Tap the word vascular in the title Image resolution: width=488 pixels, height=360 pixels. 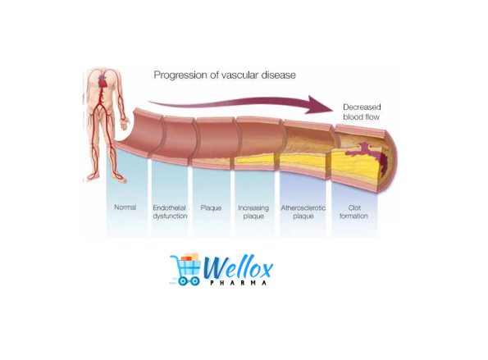tap(239, 75)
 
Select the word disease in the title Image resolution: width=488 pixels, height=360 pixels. tap(278, 75)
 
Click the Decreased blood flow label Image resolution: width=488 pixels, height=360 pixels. tap(362, 112)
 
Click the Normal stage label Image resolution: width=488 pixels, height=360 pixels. tap(125, 207)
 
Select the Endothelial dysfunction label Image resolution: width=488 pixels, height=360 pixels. tap(170, 212)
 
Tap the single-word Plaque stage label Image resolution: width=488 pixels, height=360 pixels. tap(211, 207)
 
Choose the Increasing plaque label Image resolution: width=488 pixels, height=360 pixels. tap(253, 212)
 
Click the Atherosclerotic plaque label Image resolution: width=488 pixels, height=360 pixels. tap(303, 212)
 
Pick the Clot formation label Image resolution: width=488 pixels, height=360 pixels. tap(353, 212)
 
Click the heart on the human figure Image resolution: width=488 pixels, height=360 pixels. tap(103, 81)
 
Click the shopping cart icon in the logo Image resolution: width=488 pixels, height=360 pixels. tap(186, 270)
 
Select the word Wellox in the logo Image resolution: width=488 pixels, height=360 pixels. tap(238, 267)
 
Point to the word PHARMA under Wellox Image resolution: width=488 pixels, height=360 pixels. tap(238, 283)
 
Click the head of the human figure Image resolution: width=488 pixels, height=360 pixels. tap(103, 68)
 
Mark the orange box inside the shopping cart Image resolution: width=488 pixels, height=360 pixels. tap(186, 258)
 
